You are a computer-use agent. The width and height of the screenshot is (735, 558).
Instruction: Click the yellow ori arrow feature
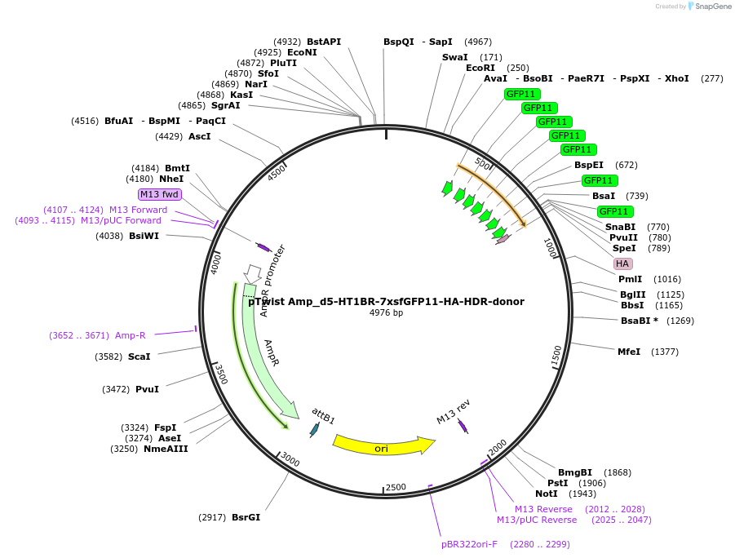[x=382, y=447]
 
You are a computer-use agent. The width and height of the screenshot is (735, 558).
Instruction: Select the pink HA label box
[x=622, y=263]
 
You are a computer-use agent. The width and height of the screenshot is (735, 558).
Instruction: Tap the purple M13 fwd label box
[x=159, y=194]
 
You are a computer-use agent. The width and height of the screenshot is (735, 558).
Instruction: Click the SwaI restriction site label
[x=454, y=57]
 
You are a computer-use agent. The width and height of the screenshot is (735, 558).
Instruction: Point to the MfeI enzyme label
[x=629, y=352]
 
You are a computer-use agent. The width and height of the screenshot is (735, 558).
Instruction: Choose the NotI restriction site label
[x=547, y=494]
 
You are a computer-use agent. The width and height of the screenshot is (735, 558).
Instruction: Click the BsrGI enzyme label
[x=246, y=517]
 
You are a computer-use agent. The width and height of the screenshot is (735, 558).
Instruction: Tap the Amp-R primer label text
[x=131, y=335]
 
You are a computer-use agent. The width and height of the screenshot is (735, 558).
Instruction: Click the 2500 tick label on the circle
[x=396, y=487]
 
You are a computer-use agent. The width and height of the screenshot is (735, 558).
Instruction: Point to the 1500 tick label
[x=556, y=355]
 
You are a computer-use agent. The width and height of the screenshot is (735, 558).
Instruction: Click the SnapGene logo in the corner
[x=706, y=7]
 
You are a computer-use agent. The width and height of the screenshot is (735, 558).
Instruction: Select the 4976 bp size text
[x=386, y=312]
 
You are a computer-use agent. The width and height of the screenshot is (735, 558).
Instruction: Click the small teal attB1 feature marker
[x=314, y=428]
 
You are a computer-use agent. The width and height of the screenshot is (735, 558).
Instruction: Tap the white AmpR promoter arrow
[x=253, y=272]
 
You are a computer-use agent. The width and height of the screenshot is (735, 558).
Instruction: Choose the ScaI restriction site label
[x=139, y=356]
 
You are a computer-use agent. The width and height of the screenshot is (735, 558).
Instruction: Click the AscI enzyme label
[x=199, y=136]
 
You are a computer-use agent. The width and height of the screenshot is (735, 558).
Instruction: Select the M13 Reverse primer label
[x=543, y=509]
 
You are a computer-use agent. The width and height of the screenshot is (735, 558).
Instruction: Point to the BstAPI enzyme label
[x=324, y=42]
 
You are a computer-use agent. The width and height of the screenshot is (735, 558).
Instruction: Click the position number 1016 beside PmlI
[x=666, y=279]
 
